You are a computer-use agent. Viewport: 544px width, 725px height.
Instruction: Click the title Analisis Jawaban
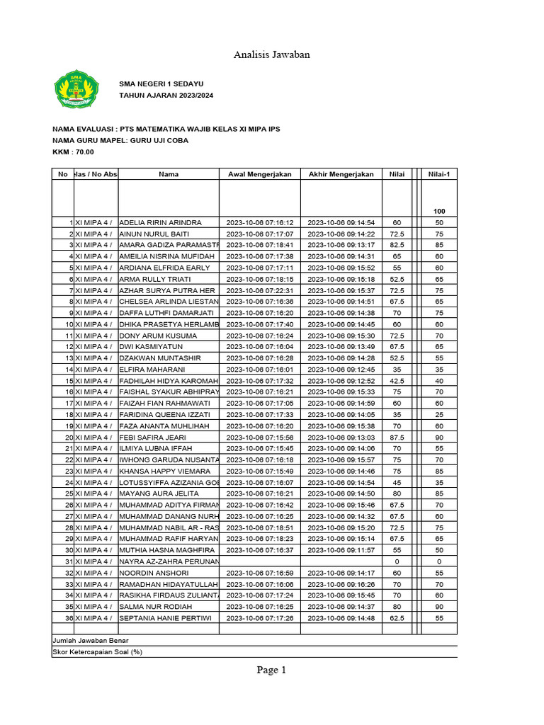(x=272, y=55)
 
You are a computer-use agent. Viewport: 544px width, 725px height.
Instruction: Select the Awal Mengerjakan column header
(x=259, y=174)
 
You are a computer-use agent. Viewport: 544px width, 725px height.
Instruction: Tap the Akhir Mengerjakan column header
(x=341, y=174)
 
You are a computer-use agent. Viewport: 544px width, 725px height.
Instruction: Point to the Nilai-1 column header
(x=439, y=174)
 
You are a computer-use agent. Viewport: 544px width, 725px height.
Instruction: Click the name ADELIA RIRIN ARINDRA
(x=161, y=223)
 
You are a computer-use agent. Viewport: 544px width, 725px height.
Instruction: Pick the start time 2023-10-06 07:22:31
(x=259, y=290)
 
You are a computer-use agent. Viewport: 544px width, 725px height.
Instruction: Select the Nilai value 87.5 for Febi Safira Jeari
(x=397, y=438)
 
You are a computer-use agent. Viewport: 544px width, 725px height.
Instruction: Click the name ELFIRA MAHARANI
(x=152, y=370)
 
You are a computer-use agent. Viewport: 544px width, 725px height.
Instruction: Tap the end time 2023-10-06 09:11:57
(x=341, y=550)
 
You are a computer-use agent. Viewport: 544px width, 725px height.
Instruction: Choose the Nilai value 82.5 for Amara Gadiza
(x=397, y=245)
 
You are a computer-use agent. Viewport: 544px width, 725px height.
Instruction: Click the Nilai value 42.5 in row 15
(x=397, y=381)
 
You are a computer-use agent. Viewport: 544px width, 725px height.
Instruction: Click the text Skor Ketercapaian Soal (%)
(x=98, y=652)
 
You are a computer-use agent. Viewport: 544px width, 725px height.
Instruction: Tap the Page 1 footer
(x=271, y=670)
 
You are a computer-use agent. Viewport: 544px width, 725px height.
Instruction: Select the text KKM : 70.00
(x=73, y=152)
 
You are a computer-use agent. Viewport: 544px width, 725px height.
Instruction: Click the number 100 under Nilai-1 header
(x=439, y=212)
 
